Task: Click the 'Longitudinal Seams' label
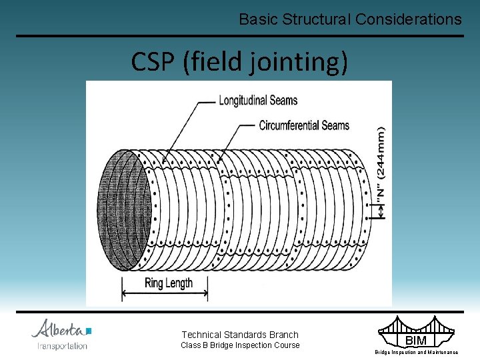[x=258, y=101]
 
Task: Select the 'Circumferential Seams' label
[x=304, y=125]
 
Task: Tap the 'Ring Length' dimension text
[x=168, y=283]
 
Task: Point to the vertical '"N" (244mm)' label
[x=381, y=164]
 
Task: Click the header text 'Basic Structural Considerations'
[x=350, y=19]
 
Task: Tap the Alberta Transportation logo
[x=62, y=335]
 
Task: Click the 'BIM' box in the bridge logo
[x=415, y=341]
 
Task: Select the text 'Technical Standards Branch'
[x=240, y=335]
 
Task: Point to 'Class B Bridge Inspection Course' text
[x=240, y=345]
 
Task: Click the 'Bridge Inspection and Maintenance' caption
[x=416, y=352]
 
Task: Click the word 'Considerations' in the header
[x=408, y=19]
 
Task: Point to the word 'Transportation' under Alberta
[x=62, y=346]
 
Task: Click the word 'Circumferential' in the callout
[x=288, y=125]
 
